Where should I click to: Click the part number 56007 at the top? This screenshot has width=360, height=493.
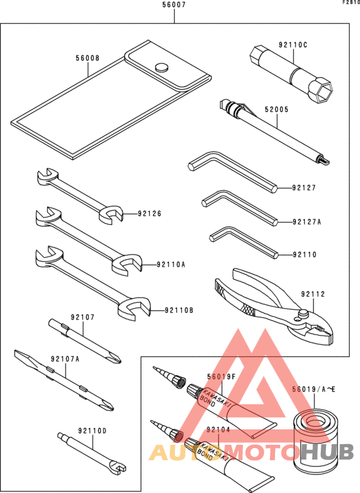point(174,5)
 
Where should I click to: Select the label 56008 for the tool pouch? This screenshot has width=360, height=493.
point(87,58)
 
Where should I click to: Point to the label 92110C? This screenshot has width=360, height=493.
point(292,46)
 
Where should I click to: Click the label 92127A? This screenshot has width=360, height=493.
point(307,222)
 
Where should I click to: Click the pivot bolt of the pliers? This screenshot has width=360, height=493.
point(301,314)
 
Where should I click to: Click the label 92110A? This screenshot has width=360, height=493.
point(170,264)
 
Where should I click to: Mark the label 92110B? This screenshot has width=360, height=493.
point(178,310)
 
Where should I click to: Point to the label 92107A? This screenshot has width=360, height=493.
point(65,360)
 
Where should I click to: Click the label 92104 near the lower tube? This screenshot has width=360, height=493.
point(219,429)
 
